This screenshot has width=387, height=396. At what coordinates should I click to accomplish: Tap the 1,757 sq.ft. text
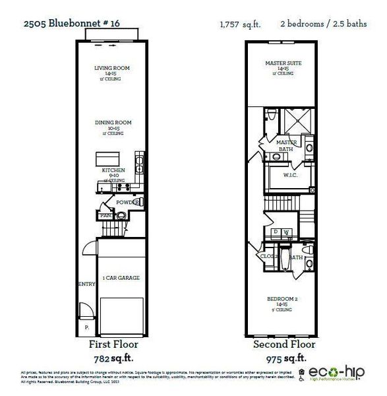pos(240,24)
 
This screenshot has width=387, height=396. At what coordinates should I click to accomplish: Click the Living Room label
pos(112,67)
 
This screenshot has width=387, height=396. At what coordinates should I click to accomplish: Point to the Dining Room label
pos(113,122)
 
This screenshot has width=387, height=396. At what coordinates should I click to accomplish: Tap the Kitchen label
pos(113,170)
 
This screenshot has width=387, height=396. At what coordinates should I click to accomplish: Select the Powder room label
pos(125,203)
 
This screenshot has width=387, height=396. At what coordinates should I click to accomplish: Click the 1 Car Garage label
pos(121,278)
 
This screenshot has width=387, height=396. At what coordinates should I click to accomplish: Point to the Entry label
pos(87,284)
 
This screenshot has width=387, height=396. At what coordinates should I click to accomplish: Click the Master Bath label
pos(286,146)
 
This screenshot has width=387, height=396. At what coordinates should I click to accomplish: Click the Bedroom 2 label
pos(282,299)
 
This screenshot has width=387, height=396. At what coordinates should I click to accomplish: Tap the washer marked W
pos(287,232)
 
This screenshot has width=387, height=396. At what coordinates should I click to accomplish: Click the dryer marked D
pos(276,232)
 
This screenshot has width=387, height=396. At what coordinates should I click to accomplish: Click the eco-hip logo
pos(339,374)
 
